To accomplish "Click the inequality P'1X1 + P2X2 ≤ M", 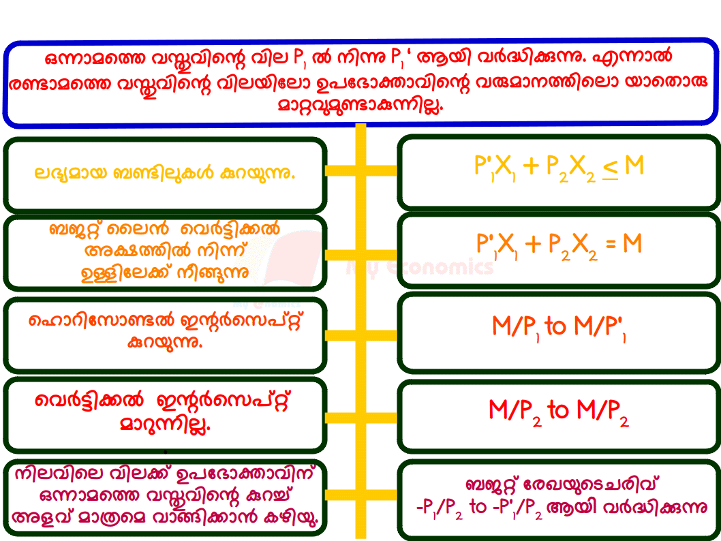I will click(559, 168).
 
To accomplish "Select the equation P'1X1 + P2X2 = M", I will click(559, 245).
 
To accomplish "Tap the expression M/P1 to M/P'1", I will click(559, 328).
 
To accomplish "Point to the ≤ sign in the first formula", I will click(610, 169).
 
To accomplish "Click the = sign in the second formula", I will click(611, 244).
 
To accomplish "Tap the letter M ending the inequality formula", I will click(634, 166).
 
